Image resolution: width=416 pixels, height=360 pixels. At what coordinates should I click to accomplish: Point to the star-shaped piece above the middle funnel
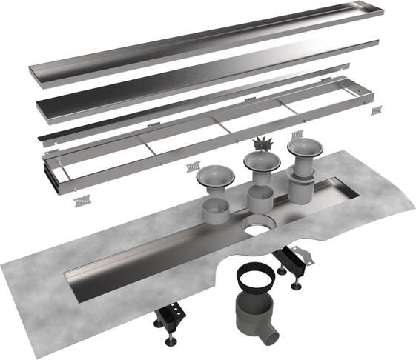click(x=260, y=143)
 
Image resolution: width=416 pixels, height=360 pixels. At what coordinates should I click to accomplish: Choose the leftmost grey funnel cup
click(x=216, y=178)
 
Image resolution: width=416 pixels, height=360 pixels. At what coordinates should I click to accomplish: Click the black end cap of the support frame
click(x=53, y=176)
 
